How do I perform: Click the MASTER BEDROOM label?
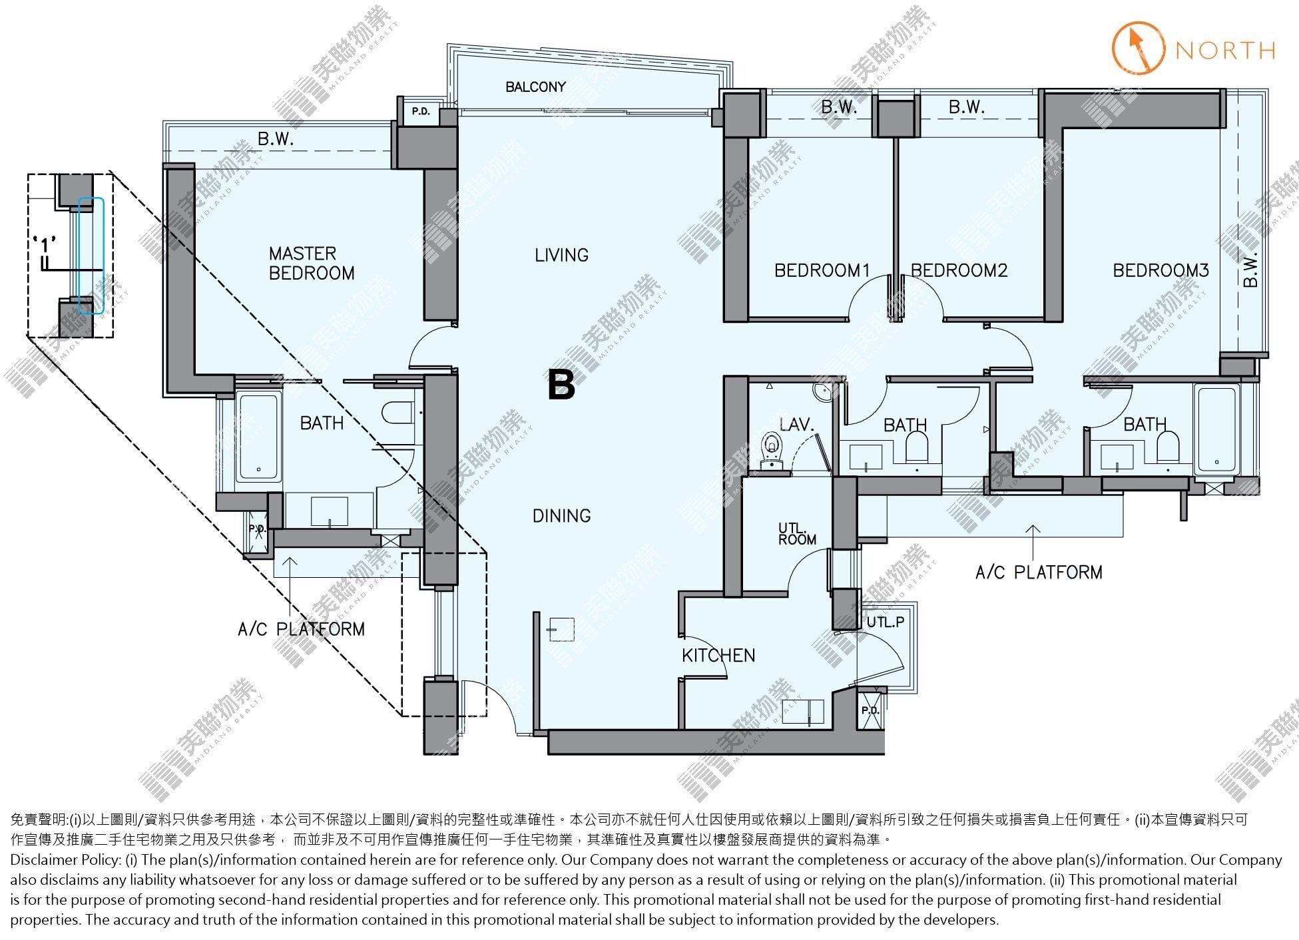312,263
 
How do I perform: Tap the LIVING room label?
561,255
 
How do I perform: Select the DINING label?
561,515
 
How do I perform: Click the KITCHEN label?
718,655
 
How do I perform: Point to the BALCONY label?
535,87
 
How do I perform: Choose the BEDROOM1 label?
822,270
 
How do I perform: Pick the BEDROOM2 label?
959,270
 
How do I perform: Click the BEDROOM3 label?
1161,270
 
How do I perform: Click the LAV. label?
796,424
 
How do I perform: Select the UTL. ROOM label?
797,534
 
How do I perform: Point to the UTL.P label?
886,622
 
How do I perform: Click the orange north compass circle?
1139,47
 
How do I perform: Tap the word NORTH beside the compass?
1225,51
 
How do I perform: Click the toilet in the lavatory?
772,449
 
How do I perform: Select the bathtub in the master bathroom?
258,437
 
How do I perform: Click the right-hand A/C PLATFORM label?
1039,572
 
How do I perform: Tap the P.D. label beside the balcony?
420,111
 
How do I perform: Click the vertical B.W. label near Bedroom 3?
1250,270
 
